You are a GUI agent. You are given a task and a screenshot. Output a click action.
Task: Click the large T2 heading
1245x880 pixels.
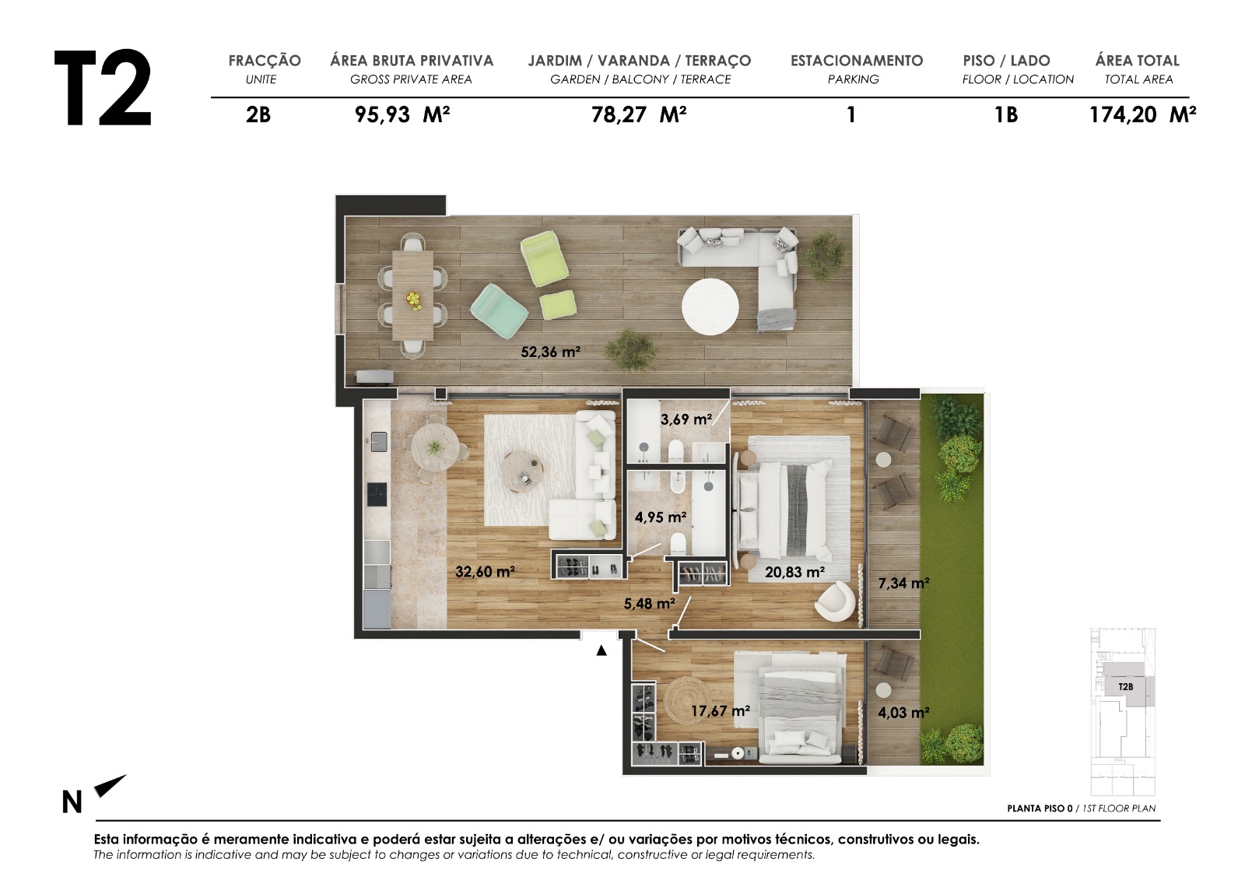click(x=103, y=89)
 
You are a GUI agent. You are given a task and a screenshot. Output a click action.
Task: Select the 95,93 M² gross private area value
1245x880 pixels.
click(x=402, y=115)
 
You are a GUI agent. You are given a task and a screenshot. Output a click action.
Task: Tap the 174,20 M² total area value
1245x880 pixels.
click(x=1142, y=115)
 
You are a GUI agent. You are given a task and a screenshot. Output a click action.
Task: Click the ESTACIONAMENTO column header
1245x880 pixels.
click(x=856, y=61)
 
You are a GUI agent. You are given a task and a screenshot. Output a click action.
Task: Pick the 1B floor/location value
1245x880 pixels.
click(x=1005, y=115)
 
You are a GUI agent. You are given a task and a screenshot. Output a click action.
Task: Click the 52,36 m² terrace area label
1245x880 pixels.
click(x=550, y=352)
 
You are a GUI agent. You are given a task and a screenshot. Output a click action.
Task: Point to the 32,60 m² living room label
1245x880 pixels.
click(x=485, y=572)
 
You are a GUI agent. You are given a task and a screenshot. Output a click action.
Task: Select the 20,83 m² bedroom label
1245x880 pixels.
click(x=794, y=573)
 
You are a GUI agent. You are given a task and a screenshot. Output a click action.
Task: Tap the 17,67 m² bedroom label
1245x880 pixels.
click(x=720, y=711)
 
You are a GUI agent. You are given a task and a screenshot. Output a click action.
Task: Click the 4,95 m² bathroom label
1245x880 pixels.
click(x=660, y=517)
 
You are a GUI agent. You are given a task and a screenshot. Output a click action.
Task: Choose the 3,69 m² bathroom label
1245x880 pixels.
click(x=686, y=419)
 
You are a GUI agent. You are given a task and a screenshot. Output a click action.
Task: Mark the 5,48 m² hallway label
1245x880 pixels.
click(x=649, y=604)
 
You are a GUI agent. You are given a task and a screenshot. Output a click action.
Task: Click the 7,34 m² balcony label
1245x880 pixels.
click(x=903, y=584)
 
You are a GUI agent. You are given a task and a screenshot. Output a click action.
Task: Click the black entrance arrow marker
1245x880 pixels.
click(x=601, y=651)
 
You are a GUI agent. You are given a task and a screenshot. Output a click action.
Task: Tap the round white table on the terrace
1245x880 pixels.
click(x=710, y=307)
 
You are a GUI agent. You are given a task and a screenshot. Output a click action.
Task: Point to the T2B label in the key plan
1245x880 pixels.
click(x=1125, y=687)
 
